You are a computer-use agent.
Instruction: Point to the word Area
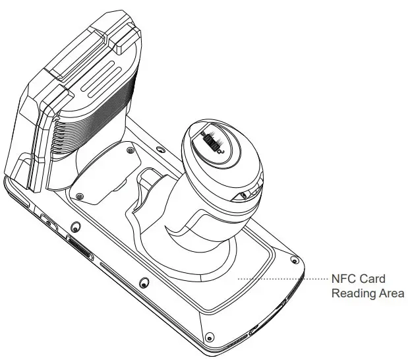point(390,293)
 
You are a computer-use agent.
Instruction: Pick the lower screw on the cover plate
point(80,196)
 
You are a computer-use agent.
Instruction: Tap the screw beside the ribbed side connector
point(74,227)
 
